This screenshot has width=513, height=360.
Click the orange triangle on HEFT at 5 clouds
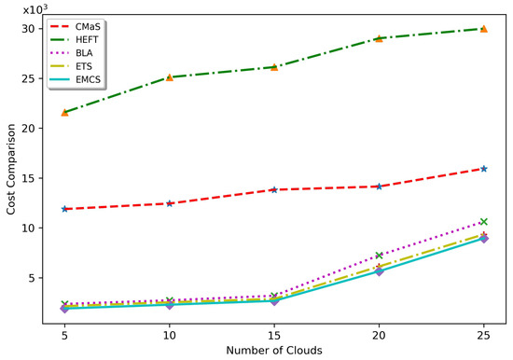coord(64,112)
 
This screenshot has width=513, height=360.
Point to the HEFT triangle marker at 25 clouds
coord(483,29)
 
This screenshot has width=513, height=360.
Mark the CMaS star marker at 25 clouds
coord(483,169)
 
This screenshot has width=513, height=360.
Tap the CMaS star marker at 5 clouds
coord(64,209)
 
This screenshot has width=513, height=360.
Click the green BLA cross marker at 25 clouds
coord(483,222)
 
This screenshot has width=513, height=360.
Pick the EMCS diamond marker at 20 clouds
coord(379,271)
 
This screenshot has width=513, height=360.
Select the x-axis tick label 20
coord(379,333)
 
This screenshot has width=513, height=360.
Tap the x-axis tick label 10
coord(169,333)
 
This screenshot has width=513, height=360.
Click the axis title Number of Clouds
coord(274,350)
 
